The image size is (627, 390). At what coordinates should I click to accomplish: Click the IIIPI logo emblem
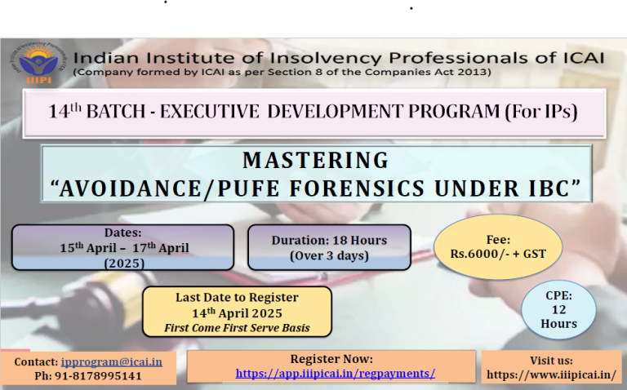pos(38,64)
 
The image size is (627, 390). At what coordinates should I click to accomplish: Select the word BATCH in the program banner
pos(116,111)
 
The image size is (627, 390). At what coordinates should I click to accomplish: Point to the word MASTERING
pos(315,160)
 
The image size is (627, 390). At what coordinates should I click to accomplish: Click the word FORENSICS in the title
pos(357,188)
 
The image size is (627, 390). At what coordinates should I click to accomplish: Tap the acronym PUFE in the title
pos(248,188)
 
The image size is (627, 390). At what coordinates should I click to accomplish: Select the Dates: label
pos(122,233)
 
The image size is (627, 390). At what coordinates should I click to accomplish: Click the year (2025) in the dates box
pos(124,264)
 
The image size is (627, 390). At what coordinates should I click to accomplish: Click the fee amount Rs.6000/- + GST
pos(498,254)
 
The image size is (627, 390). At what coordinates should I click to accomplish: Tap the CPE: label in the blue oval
pos(558,295)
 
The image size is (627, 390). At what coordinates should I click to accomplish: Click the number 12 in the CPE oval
pos(558,310)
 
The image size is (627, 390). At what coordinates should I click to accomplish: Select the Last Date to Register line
pos(237,298)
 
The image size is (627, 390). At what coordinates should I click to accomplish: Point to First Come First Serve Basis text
pos(237,328)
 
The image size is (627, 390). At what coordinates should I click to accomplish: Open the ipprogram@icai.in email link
pos(112,362)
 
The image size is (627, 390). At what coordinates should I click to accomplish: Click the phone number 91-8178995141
pos(98,376)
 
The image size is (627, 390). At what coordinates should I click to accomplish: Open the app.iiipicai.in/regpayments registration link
pos(335,373)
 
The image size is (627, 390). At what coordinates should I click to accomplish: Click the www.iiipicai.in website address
pos(551,374)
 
